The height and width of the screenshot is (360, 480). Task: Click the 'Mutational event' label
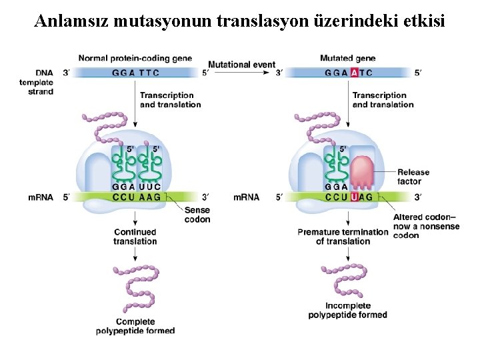coord(251,65)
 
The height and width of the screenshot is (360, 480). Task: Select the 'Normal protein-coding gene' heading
coord(135,58)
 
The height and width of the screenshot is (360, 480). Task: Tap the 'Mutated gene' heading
coord(347,58)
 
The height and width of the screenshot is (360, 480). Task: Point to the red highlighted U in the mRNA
coord(353,197)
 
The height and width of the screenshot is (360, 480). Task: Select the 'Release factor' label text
coord(413,177)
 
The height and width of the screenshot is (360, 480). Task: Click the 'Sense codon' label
coord(197,215)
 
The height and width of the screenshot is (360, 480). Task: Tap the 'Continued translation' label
coord(135,237)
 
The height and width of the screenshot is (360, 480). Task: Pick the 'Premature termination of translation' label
coord(343,237)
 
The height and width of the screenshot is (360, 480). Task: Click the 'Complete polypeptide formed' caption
coord(135,326)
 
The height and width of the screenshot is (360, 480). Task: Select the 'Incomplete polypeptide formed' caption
coord(347,310)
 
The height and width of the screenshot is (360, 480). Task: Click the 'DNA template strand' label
coord(37,82)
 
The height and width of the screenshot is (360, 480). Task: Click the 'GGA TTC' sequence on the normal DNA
coord(136,73)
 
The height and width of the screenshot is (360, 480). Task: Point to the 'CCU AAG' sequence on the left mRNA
coord(136,197)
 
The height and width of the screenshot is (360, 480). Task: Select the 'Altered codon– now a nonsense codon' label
coord(426,226)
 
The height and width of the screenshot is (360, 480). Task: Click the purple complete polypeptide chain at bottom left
coord(135,290)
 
